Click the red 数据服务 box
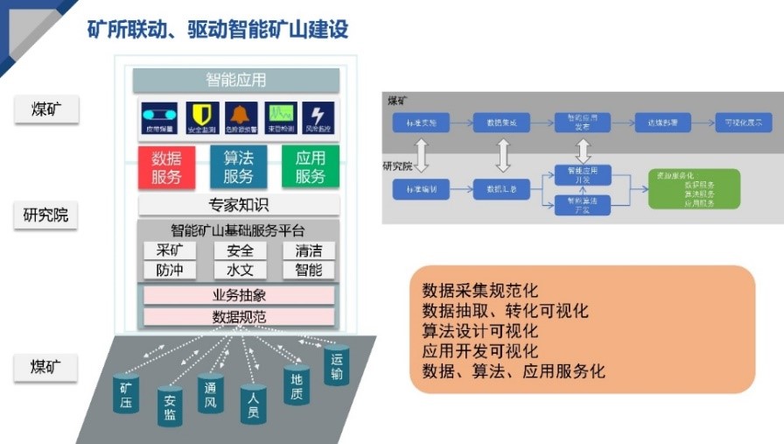coord(166,167)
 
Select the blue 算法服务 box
coord(238,167)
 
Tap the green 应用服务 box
coord(310,167)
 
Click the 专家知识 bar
coord(238,205)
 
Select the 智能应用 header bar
coord(236,81)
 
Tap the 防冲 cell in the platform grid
coord(170,270)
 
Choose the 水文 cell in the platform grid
coord(240,270)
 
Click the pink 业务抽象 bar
coord(239,295)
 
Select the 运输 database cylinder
coord(337,365)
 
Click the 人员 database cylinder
coord(253,405)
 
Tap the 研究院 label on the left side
coord(45,215)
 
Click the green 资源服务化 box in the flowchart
coord(694,188)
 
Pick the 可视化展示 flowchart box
coord(743,123)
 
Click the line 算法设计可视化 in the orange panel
coord(479,331)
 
